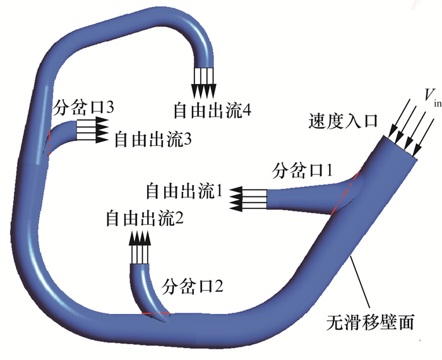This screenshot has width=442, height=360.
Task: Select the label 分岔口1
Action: point(302,169)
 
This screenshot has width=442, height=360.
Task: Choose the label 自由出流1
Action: point(184,190)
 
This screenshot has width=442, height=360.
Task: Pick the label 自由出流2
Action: point(145,219)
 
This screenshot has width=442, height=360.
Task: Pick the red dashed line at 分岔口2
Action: point(154,314)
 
